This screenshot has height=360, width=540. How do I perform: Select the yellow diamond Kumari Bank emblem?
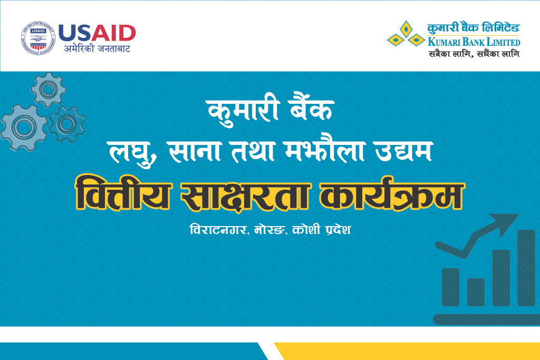(x=406, y=35)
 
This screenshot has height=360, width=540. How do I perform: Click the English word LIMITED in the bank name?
(x=499, y=42)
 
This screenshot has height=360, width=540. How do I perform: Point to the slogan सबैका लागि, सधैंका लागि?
(x=473, y=53)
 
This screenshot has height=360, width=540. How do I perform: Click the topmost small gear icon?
(x=48, y=89)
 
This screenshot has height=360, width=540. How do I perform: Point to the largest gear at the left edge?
(x=22, y=128)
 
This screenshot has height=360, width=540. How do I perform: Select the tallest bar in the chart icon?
(x=526, y=268)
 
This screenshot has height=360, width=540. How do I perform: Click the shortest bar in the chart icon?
(x=476, y=292)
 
